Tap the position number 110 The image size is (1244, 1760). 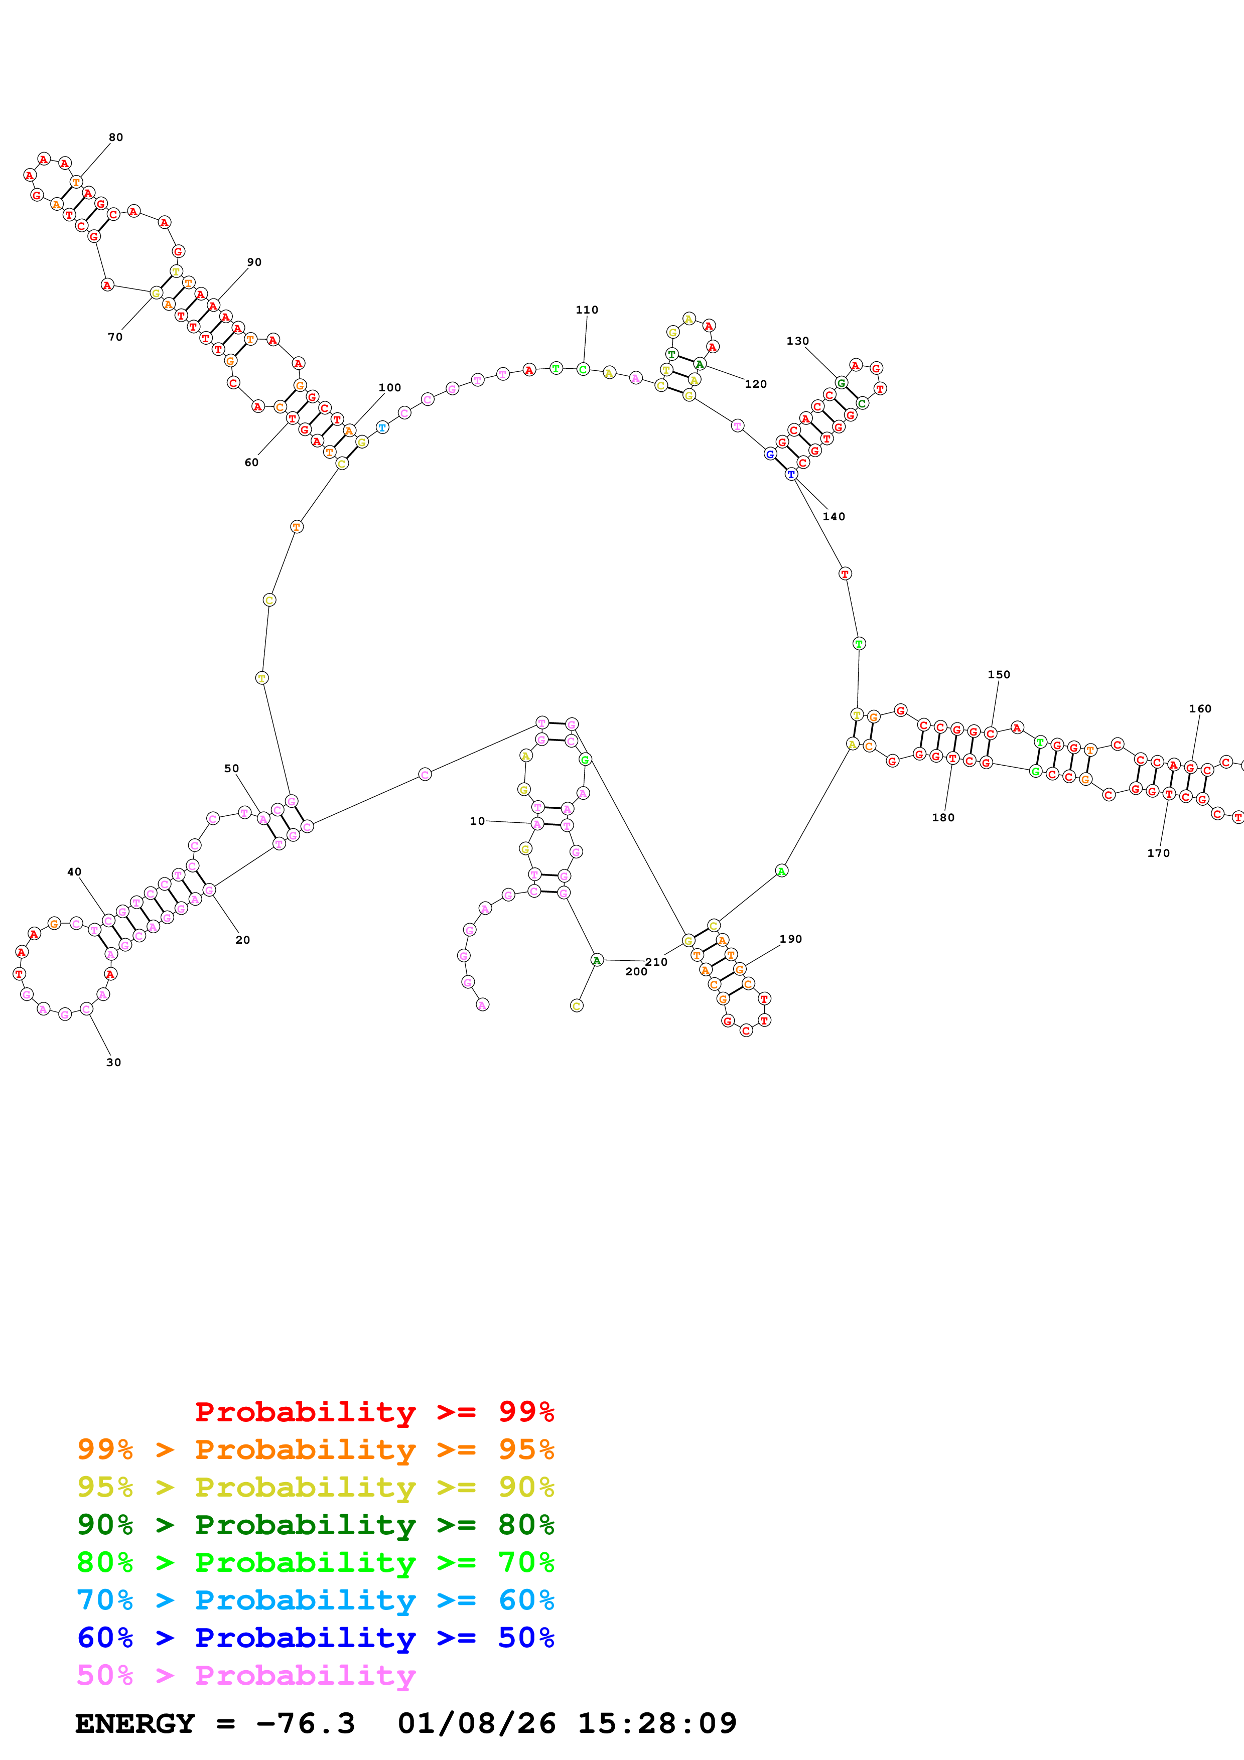[587, 310]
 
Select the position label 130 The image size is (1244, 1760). [797, 341]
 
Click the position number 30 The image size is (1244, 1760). [113, 1063]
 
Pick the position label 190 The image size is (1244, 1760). [790, 939]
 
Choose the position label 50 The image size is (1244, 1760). [231, 769]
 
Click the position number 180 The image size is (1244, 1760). [943, 818]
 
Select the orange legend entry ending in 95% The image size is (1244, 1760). [316, 1449]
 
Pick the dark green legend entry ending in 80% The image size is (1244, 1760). [316, 1525]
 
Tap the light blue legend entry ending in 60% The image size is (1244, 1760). [316, 1600]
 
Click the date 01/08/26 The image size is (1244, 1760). [476, 1723]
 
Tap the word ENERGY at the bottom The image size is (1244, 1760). [135, 1723]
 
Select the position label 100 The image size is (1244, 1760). [389, 388]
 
